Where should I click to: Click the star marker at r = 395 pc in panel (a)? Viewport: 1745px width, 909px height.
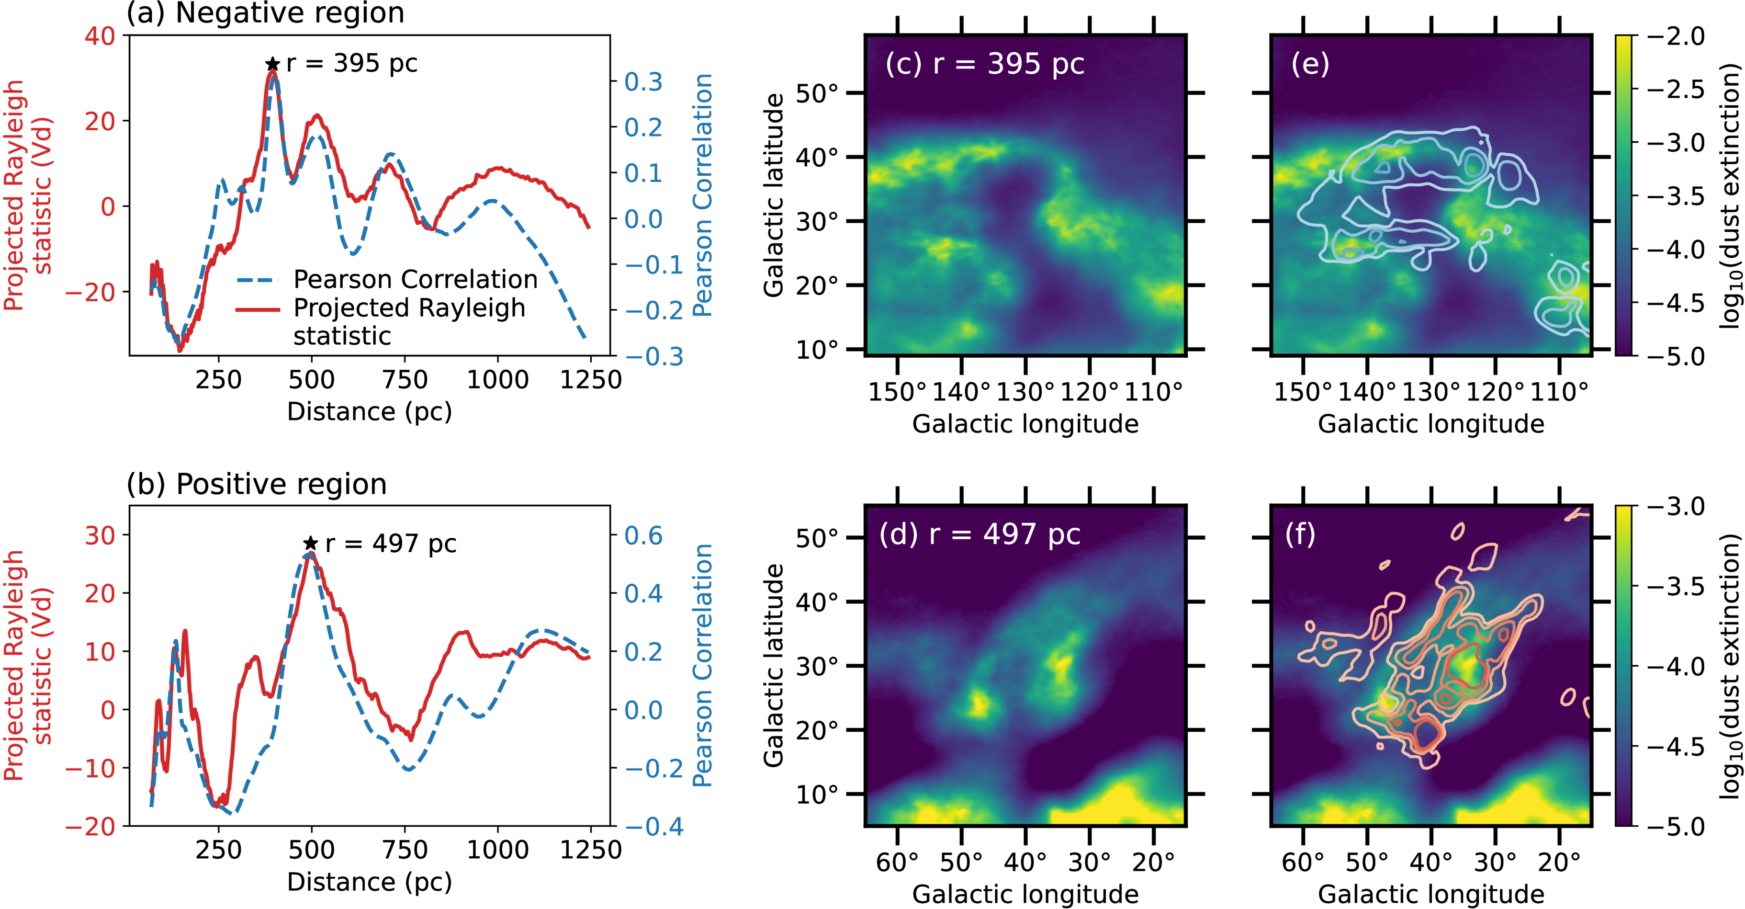coord(272,64)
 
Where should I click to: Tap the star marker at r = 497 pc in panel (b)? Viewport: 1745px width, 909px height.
coord(310,543)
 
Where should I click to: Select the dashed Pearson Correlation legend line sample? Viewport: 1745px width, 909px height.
coord(258,279)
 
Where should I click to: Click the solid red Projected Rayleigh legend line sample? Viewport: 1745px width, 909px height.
coord(258,309)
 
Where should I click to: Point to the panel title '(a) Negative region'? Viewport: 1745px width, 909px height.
coord(266,13)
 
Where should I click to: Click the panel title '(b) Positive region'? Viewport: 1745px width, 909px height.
coord(257,484)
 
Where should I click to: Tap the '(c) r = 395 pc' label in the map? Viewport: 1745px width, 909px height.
coord(984,64)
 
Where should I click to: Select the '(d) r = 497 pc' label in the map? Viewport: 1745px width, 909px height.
coord(979,534)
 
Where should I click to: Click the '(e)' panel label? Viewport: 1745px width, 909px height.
coord(1310,64)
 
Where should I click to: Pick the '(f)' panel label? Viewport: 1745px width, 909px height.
coord(1300,534)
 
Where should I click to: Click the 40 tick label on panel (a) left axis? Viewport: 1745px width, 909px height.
coord(100,36)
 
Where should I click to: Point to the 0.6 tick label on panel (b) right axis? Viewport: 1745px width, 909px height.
coord(643,535)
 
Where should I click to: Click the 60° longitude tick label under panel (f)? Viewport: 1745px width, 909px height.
coord(1303,862)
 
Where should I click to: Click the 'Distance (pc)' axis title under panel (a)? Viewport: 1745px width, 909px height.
coord(369,411)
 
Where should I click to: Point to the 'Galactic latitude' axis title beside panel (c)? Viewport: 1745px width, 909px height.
coord(773,195)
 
